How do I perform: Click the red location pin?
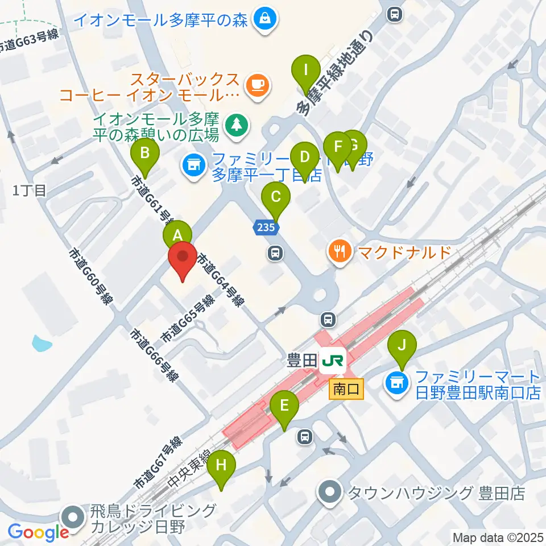pyautogui.click(x=183, y=259)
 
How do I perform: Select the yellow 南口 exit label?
pyautogui.click(x=346, y=390)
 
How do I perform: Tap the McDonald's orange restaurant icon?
pyautogui.click(x=340, y=251)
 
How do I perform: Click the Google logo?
pyautogui.click(x=39, y=532)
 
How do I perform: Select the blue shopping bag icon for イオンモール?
pyautogui.click(x=266, y=19)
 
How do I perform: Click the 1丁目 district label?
pyautogui.click(x=29, y=191)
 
